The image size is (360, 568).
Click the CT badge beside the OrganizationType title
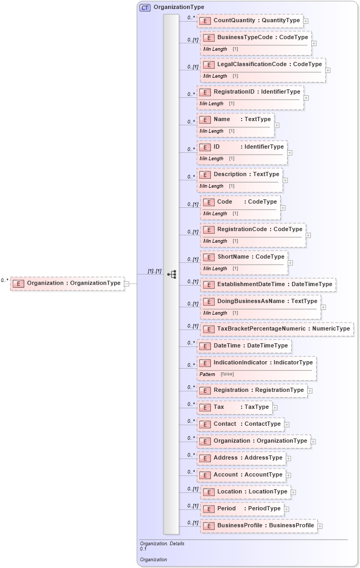tap(145, 7)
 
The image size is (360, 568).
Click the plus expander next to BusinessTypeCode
tap(314, 43)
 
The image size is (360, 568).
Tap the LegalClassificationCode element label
tap(269, 65)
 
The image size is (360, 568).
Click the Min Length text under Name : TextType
tap(211, 131)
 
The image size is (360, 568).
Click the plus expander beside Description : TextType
tap(285, 180)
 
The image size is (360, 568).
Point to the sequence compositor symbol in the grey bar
tap(171, 274)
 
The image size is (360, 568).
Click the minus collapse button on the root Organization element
tap(127, 283)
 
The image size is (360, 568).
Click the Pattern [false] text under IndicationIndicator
tap(216, 374)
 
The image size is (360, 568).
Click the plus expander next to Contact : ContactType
tap(287, 424)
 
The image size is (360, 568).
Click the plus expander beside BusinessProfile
tap(320, 526)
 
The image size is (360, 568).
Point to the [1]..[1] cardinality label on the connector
tap(154, 271)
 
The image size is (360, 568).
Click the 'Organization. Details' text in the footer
tap(162, 543)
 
